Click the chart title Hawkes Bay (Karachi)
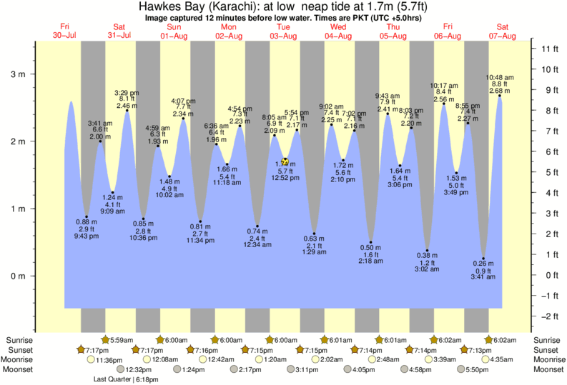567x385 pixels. tap(202, 6)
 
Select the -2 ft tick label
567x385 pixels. tap(549, 316)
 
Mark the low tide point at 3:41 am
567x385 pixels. tap(484, 258)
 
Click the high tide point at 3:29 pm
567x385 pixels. tap(127, 110)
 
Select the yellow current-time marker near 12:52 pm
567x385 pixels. tap(285, 161)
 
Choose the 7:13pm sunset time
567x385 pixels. tap(478, 351)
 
